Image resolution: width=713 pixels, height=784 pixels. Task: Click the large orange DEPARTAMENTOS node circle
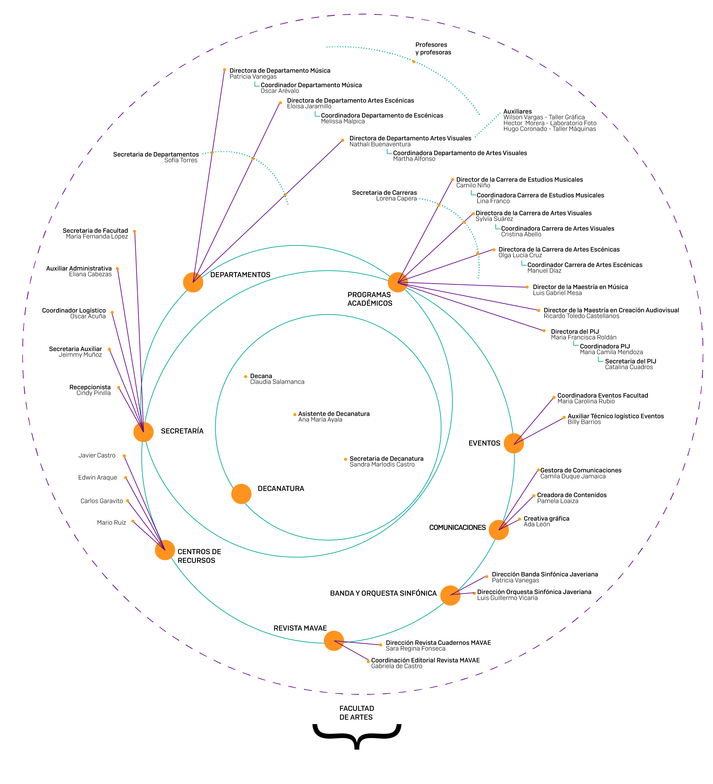[193, 282]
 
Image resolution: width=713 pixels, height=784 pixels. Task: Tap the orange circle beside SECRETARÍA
[144, 432]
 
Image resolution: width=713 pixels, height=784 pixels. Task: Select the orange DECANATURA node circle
[241, 494]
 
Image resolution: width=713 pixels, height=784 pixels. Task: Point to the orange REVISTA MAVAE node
[334, 641]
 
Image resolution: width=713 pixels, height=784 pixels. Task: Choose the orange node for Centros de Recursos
[165, 550]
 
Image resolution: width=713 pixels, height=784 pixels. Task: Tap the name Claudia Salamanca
[277, 382]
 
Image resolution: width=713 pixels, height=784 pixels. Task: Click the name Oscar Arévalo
[280, 91]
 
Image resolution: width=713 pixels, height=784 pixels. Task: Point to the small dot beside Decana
[245, 376]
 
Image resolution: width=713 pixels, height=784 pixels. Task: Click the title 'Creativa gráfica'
[546, 518]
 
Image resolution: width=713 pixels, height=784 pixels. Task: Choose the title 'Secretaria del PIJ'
[630, 361]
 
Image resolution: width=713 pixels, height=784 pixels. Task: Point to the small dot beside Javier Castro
[124, 456]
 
